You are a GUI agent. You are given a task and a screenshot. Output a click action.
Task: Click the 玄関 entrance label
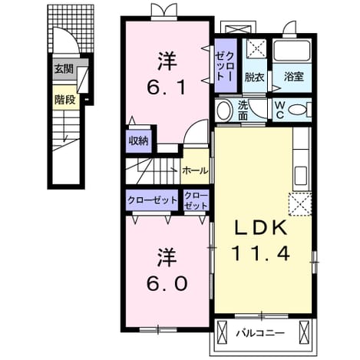(64, 69)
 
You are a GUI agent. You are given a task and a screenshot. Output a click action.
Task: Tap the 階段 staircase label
(64, 100)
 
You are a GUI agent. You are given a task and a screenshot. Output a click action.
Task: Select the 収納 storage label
(138, 141)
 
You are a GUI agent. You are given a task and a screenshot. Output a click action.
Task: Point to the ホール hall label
(195, 170)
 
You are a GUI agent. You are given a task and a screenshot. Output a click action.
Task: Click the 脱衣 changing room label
(254, 77)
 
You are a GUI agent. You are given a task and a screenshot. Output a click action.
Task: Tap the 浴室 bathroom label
(293, 77)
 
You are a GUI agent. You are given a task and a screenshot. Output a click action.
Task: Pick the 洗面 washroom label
(243, 111)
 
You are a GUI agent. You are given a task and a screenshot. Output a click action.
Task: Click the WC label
(280, 111)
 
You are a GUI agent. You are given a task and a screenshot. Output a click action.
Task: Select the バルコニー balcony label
(260, 333)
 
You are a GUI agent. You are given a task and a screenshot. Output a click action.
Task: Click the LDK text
(260, 228)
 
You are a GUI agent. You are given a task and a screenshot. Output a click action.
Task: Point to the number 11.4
(260, 253)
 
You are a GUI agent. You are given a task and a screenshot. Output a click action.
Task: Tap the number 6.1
(167, 87)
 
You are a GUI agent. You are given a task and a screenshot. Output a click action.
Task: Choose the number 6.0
(167, 283)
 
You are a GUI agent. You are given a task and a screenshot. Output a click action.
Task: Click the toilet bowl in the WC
(297, 110)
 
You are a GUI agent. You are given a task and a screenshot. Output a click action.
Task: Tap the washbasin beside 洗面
(224, 111)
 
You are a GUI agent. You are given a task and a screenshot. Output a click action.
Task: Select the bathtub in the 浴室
(292, 50)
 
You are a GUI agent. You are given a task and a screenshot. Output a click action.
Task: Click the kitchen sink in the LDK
(301, 177)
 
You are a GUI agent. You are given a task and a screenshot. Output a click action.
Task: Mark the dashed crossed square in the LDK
(300, 204)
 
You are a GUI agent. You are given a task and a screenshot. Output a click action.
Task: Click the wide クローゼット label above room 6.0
(152, 200)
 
